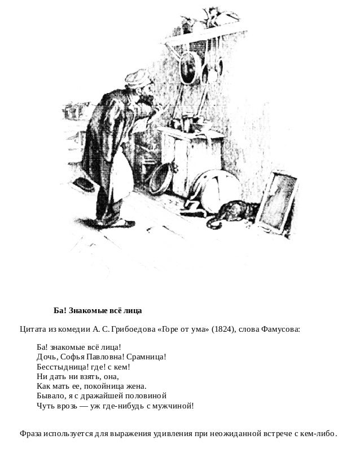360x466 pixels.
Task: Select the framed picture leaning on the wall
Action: coord(280,200)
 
